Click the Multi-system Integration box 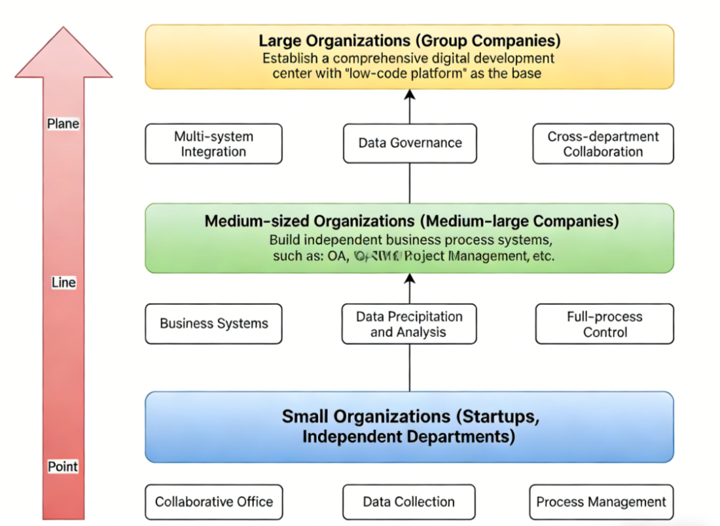[213, 144]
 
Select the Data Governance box [410, 143]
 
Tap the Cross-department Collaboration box [603, 144]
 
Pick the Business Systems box [213, 323]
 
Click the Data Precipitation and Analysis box [409, 324]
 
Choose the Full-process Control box [604, 324]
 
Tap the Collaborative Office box [213, 502]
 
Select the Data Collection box [408, 502]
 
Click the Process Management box [601, 502]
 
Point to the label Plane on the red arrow [63, 124]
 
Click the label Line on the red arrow [63, 283]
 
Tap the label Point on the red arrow [63, 466]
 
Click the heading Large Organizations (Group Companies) [410, 41]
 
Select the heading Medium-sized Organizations [411, 221]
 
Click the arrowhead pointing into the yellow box [410, 95]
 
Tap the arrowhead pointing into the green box [410, 279]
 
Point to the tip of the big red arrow [63, 29]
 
